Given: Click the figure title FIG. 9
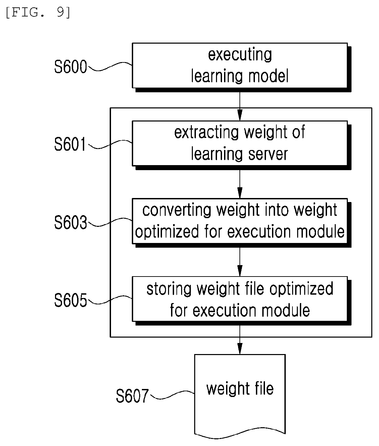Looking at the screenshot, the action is coord(38,13).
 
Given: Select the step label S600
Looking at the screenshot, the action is coord(70,67).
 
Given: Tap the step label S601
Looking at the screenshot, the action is coord(70,144).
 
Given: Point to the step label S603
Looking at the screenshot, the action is coord(70,222).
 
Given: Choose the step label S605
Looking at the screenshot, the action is coord(70,300).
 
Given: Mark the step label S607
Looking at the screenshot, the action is coord(132,396).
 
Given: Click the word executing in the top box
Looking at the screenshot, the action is coord(240,55).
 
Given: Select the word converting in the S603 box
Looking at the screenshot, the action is coord(177,210).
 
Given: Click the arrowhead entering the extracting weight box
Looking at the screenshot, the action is coord(240,115).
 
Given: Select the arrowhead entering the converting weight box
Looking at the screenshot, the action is coord(240,193).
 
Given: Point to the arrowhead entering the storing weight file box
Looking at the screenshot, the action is coord(240,270).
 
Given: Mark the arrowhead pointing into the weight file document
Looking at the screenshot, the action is coord(240,348).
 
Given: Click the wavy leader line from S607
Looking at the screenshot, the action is coord(172,395).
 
